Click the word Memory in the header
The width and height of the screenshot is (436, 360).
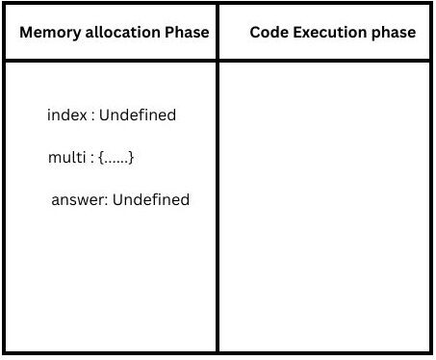pos(50,33)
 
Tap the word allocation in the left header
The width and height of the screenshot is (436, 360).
pos(123,32)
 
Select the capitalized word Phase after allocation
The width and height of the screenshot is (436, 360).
pos(187,32)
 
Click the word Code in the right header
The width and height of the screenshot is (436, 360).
pos(269,32)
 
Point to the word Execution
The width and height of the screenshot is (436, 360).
pos(330,32)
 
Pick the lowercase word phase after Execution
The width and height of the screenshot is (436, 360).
pos(394,34)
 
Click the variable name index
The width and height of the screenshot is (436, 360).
pos(67,115)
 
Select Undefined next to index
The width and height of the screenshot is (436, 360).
pos(138,115)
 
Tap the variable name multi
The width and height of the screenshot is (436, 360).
pos(67,157)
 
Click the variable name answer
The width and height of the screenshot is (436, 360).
pos(78,199)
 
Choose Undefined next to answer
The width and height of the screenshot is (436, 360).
pos(151,199)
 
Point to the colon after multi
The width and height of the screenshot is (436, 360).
pos(92,159)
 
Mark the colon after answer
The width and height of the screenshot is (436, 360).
pos(106,201)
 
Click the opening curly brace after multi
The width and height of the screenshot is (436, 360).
pos(101,158)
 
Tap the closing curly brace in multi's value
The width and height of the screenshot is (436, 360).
pos(131,158)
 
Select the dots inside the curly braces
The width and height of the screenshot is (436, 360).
pos(115,162)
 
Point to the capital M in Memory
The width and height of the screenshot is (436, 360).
pos(27,32)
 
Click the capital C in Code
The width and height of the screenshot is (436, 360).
pos(255,32)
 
